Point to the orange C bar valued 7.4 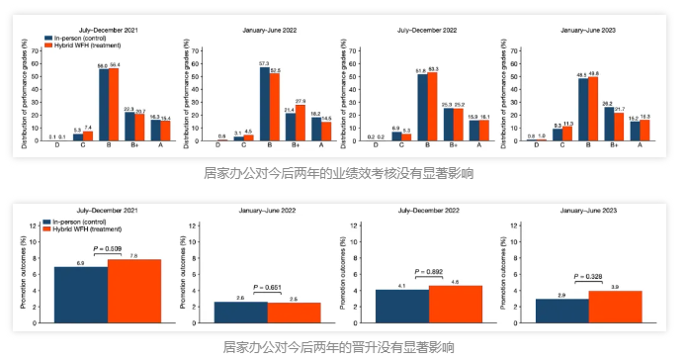click(88, 137)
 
